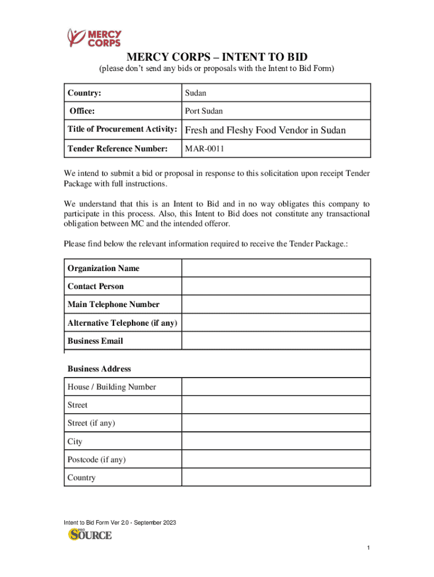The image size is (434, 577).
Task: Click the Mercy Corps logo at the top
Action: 94,37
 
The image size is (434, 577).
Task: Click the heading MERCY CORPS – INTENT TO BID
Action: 217,57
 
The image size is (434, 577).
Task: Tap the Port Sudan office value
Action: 203,111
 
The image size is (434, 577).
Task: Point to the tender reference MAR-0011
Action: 205,149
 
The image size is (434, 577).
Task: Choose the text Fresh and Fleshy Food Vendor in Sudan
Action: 265,131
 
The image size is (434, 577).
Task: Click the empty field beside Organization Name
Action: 276,268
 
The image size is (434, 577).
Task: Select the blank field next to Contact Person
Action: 276,286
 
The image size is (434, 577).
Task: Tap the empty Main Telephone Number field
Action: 276,304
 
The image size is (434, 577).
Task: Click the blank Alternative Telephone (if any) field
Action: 276,323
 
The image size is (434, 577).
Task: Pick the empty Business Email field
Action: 276,341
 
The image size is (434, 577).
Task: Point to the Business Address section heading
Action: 99,369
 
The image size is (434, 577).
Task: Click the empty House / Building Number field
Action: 276,387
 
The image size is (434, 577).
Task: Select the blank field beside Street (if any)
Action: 276,423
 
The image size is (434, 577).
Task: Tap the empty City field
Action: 276,441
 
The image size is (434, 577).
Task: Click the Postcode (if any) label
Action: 96,460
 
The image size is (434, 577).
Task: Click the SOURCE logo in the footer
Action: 90,534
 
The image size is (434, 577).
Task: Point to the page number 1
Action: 367,548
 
